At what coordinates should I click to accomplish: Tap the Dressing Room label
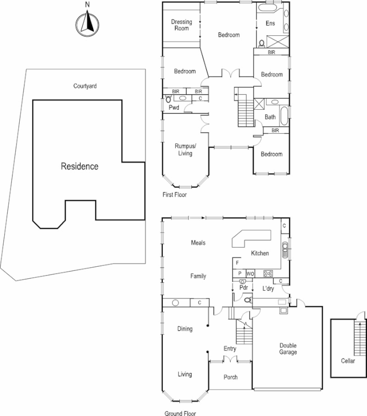point(181,25)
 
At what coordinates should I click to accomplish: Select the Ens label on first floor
point(270,23)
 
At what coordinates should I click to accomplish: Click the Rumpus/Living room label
point(183,150)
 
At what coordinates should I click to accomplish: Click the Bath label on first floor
point(270,117)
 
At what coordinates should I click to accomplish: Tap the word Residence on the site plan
point(80,167)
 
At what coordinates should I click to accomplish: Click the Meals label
point(199,243)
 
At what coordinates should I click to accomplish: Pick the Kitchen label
point(260,253)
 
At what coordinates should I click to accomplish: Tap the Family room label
point(198,276)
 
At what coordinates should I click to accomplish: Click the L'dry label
point(268,288)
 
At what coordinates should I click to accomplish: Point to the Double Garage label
point(288,349)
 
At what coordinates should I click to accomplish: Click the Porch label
point(230,377)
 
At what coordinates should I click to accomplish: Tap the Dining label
point(185,329)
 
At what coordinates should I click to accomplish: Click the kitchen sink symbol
point(284,250)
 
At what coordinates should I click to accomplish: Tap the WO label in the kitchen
point(250,273)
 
